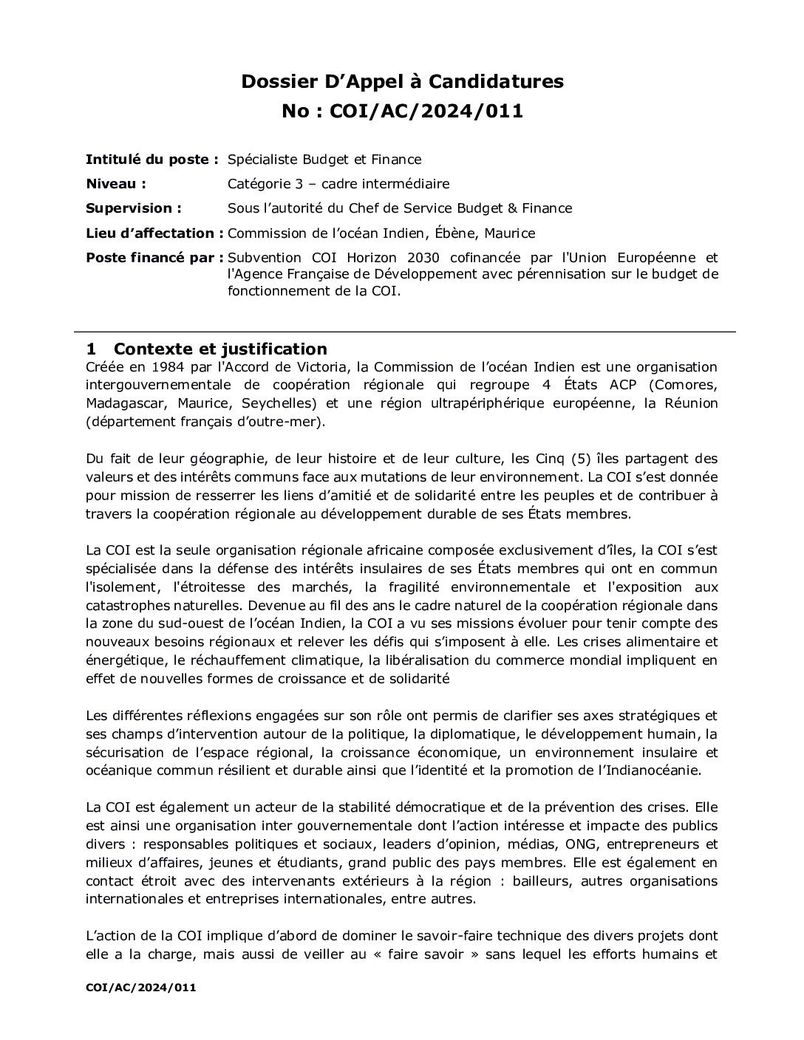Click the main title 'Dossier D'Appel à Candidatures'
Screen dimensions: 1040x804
click(402, 81)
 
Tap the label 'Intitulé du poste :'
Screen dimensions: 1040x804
click(152, 160)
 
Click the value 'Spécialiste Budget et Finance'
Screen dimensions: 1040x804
click(324, 160)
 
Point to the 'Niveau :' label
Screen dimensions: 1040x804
click(116, 184)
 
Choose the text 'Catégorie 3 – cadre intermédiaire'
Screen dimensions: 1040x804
click(338, 184)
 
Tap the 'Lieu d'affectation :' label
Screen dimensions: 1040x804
click(154, 233)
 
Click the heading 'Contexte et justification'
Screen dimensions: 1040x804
click(220, 349)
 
